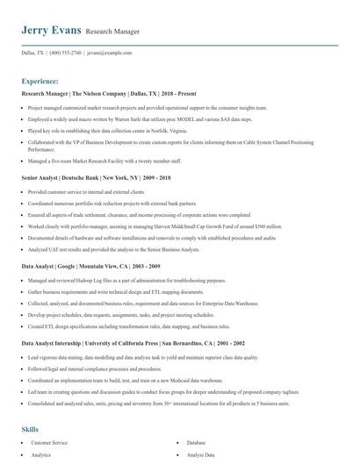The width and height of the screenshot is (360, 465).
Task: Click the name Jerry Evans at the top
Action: [50, 30]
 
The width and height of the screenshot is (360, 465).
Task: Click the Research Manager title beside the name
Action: [112, 32]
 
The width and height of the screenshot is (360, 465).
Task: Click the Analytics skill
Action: [41, 455]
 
